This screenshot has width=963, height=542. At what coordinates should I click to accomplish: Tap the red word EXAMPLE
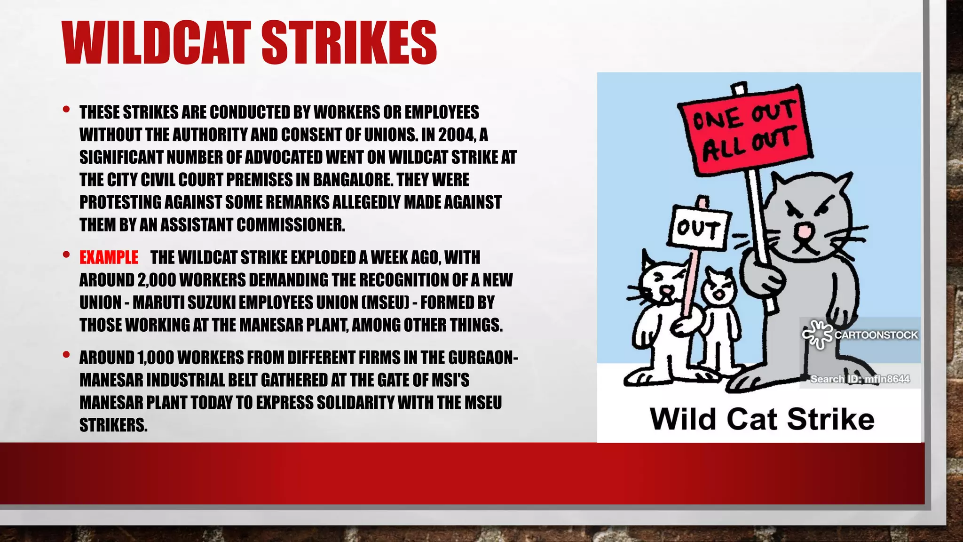coord(109,257)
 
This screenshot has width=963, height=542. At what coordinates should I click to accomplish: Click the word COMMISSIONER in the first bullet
coord(291,225)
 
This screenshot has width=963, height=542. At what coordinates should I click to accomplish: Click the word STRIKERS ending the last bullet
coord(113,425)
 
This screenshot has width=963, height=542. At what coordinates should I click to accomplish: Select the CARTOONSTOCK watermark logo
coord(860,335)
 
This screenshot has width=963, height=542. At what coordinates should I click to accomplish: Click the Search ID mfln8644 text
coord(860,379)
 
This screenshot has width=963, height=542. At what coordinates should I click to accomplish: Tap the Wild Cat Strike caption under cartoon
coord(762,419)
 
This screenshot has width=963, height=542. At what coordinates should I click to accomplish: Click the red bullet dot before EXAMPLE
coord(66,255)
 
